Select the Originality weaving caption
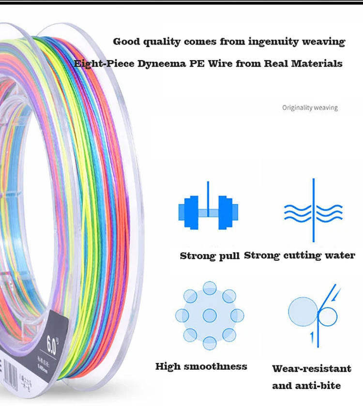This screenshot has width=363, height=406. [x=310, y=107]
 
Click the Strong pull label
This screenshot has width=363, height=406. [x=210, y=256]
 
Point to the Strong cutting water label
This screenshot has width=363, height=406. [x=300, y=255]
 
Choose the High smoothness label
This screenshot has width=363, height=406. [x=201, y=366]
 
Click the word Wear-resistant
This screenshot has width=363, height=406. [x=312, y=369]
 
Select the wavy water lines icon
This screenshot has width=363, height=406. [x=313, y=211]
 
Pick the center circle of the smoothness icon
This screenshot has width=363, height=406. [x=210, y=316]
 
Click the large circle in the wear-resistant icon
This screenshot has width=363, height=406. [x=303, y=312]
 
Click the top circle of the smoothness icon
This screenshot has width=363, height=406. [x=210, y=288]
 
